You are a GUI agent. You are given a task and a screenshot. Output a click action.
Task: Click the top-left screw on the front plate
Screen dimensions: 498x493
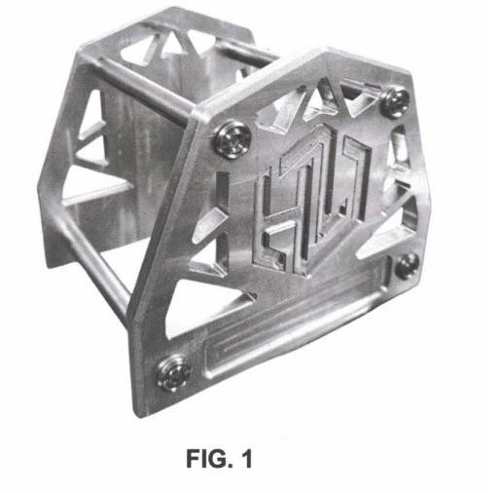click(232, 139)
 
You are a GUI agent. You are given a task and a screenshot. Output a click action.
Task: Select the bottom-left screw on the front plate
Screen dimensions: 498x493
click(172, 373)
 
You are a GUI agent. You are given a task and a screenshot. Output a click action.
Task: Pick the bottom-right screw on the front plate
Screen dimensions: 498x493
click(407, 265)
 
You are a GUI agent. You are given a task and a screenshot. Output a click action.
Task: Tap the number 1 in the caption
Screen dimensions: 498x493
click(247, 459)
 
